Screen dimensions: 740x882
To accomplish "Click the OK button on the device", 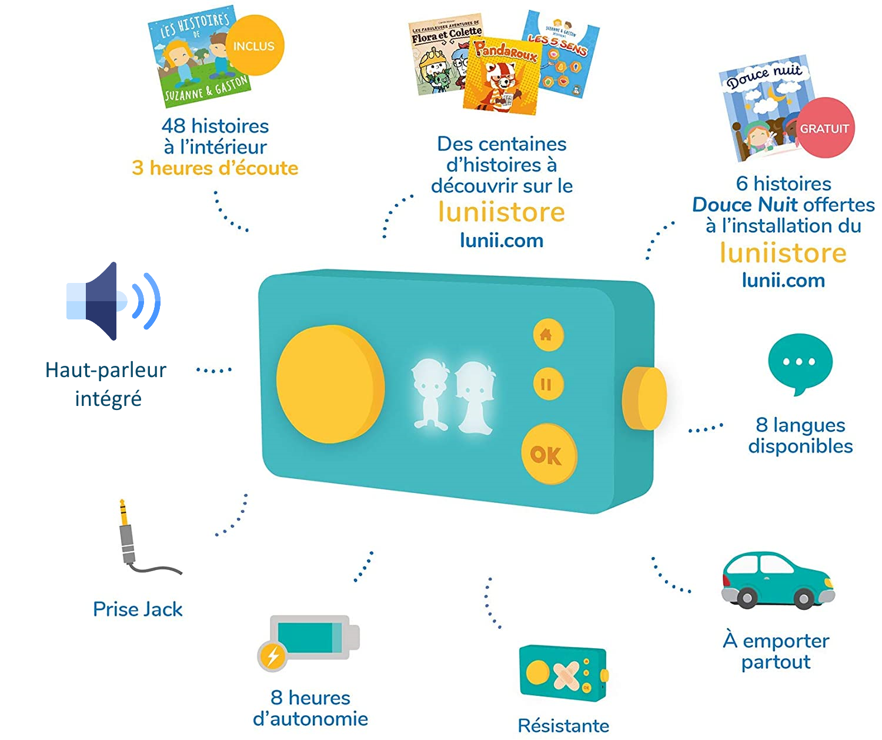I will tap(549, 455).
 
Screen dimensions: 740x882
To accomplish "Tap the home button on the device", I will tap(548, 335).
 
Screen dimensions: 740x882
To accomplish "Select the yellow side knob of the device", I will tap(644, 398).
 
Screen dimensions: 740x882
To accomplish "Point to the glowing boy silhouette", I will tap(430, 393).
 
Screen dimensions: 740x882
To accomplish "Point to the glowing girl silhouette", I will tap(476, 397).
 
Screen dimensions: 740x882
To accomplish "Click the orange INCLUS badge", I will tap(254, 46).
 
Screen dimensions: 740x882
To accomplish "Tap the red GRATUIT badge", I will tap(824, 128).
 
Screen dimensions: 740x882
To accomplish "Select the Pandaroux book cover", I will tap(501, 75).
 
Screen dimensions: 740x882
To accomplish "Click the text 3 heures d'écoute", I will tap(215, 168).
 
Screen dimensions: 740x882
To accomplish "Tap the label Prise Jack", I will tap(138, 609).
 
